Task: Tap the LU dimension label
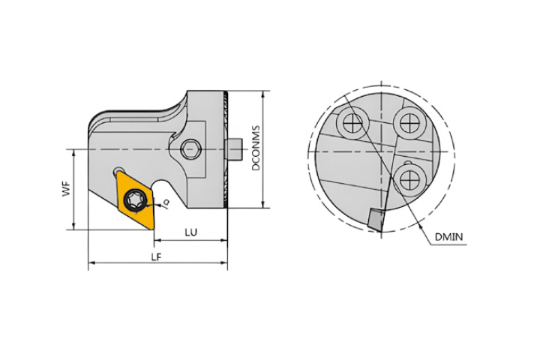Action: coord(191,232)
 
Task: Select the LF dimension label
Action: coord(156,257)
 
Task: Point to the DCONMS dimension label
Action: coord(256,148)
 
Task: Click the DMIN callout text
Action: coord(448,237)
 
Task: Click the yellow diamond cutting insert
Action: coord(135,199)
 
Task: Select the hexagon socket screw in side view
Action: coord(190,149)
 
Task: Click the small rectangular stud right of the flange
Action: coord(233,149)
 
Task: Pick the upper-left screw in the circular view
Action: coord(353,122)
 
